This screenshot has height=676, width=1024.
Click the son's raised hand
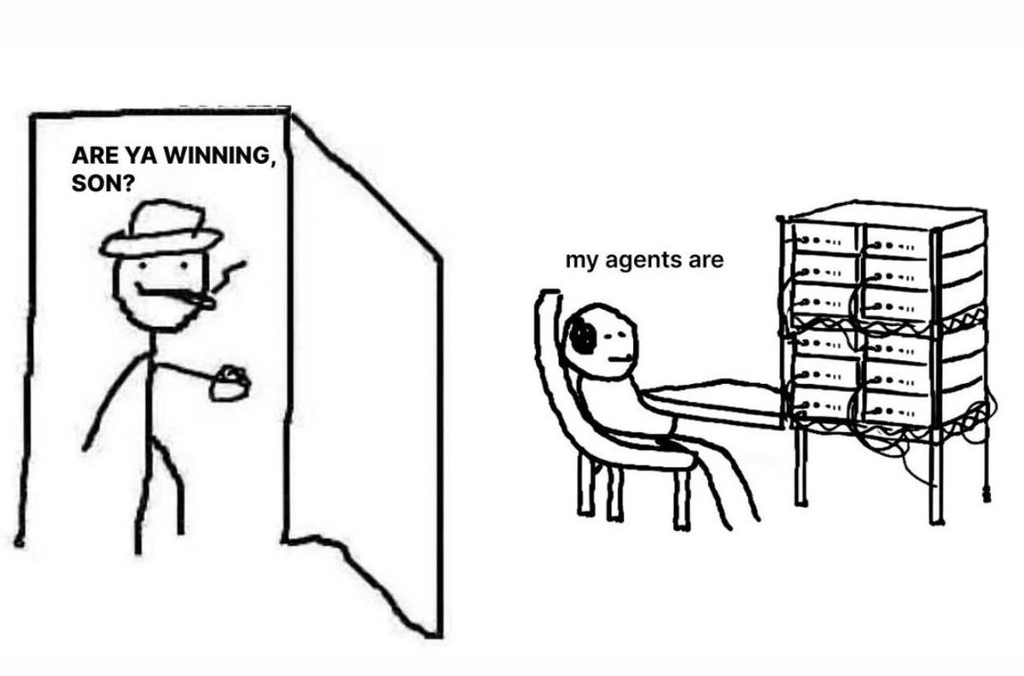pyautogui.click(x=548, y=298)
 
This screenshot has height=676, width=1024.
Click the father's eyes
pyautogui.click(x=150, y=272)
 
